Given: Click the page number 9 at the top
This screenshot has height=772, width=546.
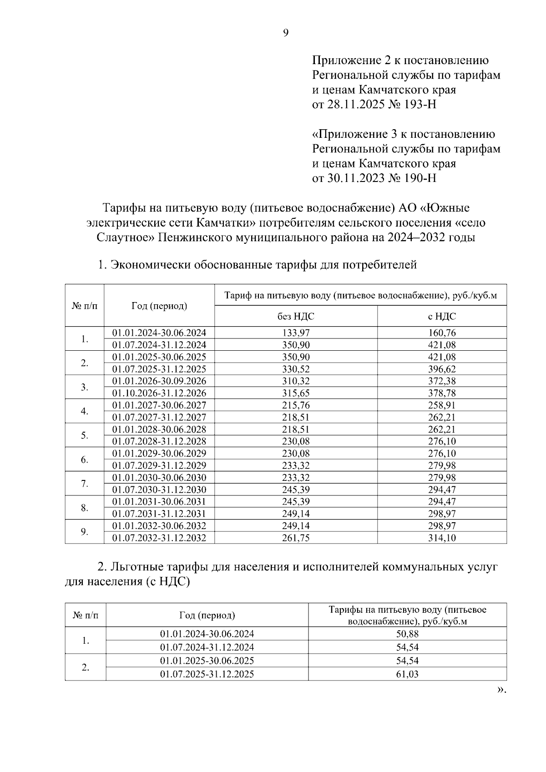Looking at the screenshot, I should click(286, 33).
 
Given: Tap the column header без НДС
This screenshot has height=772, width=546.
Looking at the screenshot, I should click(296, 316).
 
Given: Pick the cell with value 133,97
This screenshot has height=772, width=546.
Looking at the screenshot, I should click(296, 333).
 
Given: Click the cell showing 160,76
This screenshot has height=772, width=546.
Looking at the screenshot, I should click(442, 333).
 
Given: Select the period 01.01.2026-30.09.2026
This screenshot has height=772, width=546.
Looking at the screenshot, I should click(159, 381).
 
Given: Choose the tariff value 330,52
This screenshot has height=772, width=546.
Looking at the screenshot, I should click(296, 369).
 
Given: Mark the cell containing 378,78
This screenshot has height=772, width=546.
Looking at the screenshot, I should click(442, 393).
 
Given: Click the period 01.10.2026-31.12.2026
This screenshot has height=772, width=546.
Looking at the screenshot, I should click(159, 393).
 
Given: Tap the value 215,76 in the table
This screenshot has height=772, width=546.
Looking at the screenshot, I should click(296, 405).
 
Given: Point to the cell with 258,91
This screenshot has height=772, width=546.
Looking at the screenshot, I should click(442, 405).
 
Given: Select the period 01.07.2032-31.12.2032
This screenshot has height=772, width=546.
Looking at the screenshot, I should click(159, 538).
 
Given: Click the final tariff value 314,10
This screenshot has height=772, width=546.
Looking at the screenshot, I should click(442, 538).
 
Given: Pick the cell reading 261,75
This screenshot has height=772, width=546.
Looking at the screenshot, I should click(296, 538).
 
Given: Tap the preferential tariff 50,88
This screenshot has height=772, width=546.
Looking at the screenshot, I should click(407, 634).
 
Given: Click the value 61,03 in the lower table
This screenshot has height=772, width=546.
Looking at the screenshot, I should click(407, 674).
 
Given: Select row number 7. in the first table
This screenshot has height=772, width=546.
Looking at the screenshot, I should click(85, 484).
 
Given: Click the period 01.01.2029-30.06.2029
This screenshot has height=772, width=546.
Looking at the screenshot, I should click(159, 453).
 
